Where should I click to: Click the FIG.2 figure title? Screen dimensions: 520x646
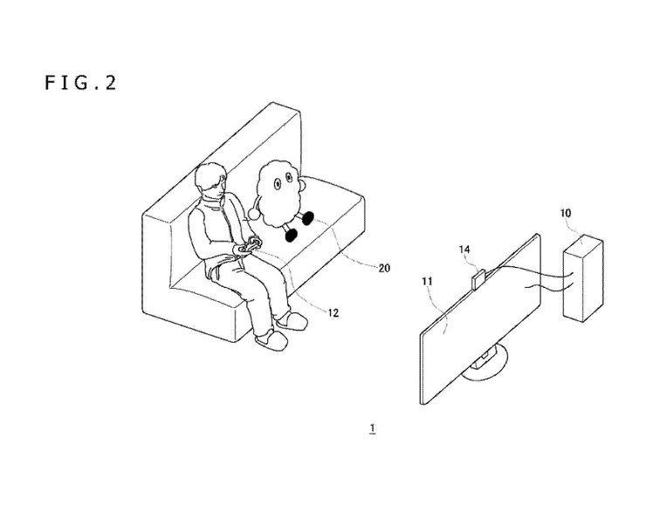point(79,83)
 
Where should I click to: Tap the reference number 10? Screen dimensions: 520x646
point(566,212)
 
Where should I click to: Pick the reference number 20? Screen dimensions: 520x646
point(382,268)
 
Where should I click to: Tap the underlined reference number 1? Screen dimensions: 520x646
point(372,428)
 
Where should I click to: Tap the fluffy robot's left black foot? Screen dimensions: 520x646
point(307,220)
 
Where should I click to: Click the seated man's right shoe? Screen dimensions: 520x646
point(266,339)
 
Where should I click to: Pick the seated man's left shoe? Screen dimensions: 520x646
point(292,323)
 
